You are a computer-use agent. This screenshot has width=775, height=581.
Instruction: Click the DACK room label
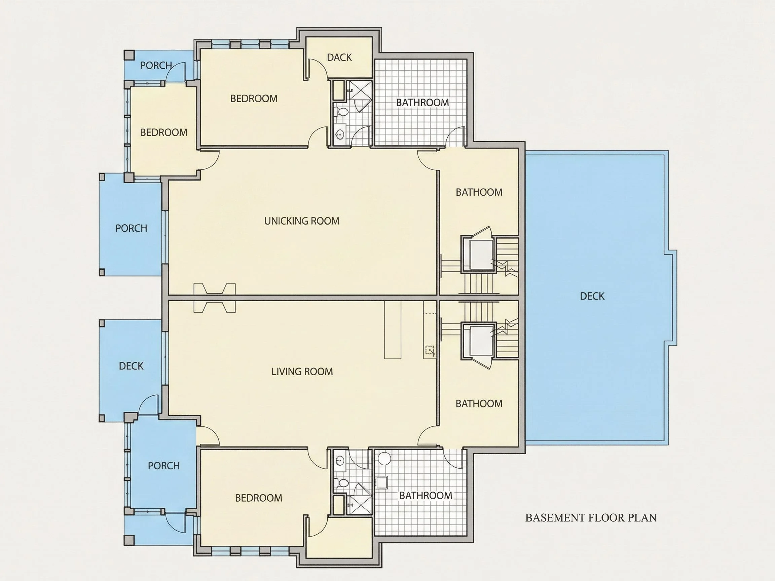click(339, 57)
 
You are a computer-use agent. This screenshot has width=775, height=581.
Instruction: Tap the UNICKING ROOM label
click(302, 221)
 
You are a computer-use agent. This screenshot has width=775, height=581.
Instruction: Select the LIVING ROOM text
click(302, 372)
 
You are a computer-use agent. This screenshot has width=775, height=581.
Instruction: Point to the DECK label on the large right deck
click(592, 296)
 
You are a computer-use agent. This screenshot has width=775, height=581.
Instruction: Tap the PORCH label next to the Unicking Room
click(131, 228)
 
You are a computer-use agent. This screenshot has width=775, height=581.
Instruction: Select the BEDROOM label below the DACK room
click(254, 99)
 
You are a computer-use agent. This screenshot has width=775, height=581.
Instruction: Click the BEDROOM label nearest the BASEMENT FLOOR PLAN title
click(259, 498)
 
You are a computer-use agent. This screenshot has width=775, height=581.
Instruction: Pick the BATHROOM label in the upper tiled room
click(422, 103)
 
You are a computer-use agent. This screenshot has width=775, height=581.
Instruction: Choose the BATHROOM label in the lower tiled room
click(426, 496)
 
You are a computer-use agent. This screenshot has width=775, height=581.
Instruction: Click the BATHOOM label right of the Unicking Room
click(479, 192)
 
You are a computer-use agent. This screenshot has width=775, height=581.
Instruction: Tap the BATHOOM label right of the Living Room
click(479, 404)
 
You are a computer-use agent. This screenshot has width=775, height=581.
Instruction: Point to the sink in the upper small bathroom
click(339, 134)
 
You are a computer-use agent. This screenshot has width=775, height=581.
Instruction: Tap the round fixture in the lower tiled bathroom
click(384, 459)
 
